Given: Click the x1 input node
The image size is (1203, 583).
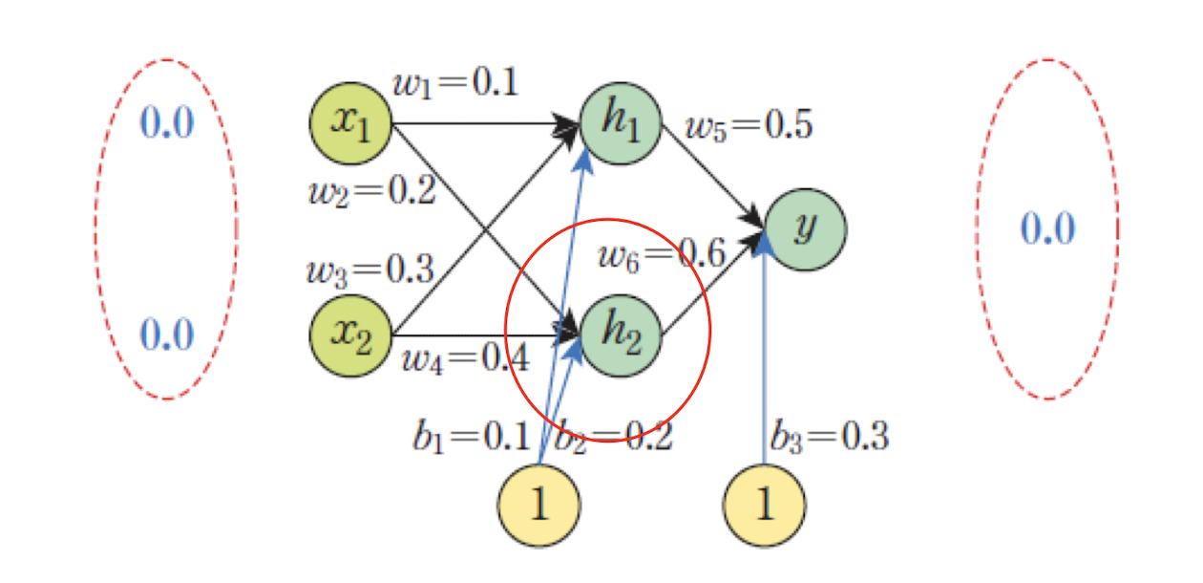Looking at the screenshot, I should (350, 123).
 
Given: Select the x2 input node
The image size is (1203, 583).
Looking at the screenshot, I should (350, 335).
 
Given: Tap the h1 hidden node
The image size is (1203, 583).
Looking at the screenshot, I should (620, 123).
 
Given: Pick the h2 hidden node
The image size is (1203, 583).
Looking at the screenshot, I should (620, 335).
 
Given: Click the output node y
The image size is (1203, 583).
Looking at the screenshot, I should (805, 229).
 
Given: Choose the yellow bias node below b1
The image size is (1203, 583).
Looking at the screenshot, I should (538, 505).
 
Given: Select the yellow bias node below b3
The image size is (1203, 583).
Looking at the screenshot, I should (764, 505).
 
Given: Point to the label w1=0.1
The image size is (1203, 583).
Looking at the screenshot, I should (455, 83).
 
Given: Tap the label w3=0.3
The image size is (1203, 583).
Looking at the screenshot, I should (370, 269).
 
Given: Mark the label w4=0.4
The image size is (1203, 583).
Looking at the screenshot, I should (464, 360).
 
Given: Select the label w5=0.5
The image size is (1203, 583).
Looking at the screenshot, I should (749, 125).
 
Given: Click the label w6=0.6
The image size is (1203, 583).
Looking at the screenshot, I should (661, 254).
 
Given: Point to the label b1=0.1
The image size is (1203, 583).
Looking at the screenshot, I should (471, 437).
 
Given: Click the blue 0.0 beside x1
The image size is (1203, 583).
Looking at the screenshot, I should (167, 123).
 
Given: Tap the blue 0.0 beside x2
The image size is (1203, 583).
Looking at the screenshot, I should (167, 335).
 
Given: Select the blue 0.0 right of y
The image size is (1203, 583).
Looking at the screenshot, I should (1047, 229).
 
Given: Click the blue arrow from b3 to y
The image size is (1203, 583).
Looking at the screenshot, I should (765, 363).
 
